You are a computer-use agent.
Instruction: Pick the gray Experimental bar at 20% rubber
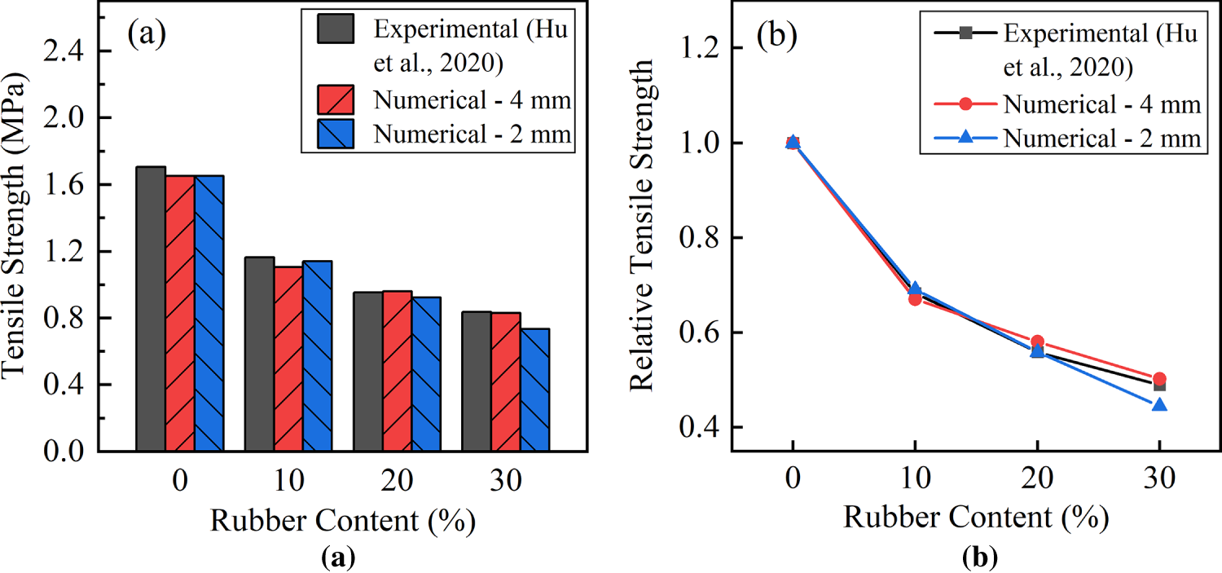pos(367,371)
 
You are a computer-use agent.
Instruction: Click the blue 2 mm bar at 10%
pos(317,355)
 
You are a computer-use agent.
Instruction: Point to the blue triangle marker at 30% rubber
pos(1159,403)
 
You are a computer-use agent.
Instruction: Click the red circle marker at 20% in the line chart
pos(1037,342)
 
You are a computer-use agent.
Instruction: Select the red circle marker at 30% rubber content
pos(1159,379)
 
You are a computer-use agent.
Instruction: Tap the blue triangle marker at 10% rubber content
pos(915,289)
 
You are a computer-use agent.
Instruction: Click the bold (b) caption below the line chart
pos(977,558)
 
